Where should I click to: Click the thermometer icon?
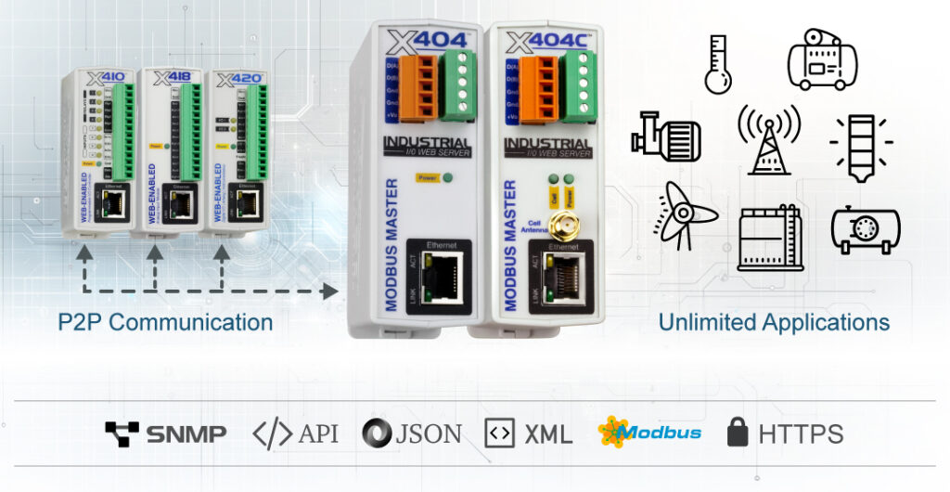(717, 65)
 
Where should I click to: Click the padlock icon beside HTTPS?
(738, 432)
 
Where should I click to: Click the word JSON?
(430, 433)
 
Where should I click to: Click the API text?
(319, 433)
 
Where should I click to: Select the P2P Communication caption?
(166, 323)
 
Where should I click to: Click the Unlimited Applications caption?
(774, 323)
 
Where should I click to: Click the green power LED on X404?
(448, 176)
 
